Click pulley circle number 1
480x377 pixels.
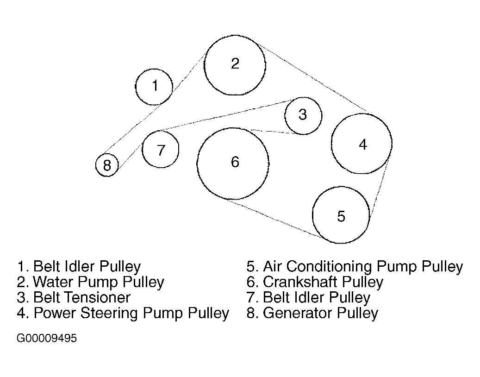click(154, 86)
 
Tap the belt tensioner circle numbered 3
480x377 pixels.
click(303, 115)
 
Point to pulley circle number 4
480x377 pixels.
click(362, 144)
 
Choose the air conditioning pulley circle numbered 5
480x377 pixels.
click(341, 215)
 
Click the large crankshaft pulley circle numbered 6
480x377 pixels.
click(233, 163)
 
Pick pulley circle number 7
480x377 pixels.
click(160, 149)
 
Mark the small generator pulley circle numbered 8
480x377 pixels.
click(107, 165)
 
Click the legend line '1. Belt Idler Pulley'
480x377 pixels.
click(79, 267)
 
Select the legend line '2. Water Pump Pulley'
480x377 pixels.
click(91, 282)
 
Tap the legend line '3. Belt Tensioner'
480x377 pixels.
click(74, 297)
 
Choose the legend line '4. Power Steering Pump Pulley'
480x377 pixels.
click(123, 313)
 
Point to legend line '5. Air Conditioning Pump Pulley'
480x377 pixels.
click(355, 267)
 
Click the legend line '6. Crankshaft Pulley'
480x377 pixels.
click(315, 282)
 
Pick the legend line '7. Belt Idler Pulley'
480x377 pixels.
click(308, 297)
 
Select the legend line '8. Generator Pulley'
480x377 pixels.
click(312, 313)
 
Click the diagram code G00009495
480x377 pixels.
click(47, 339)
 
